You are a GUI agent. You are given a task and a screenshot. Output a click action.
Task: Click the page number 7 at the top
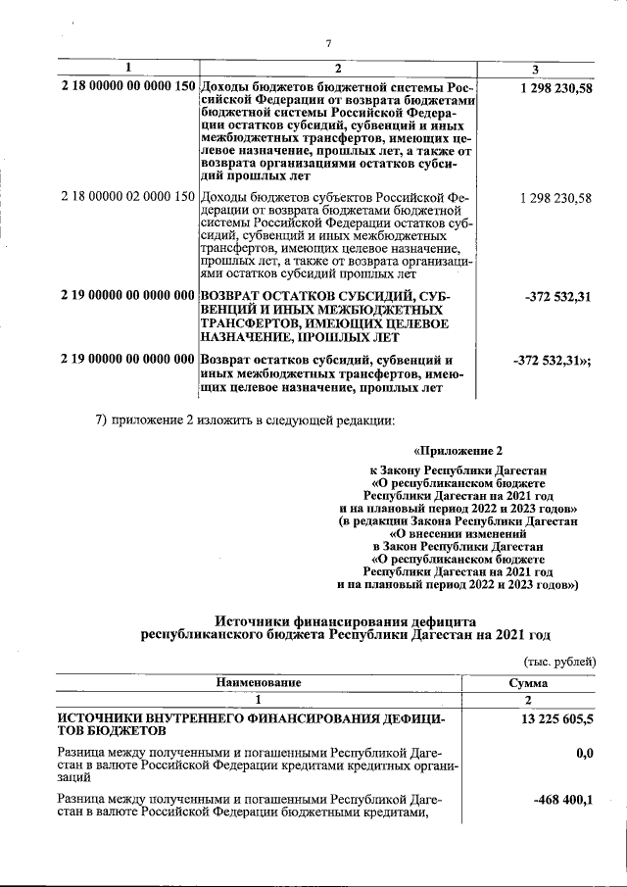tap(329, 42)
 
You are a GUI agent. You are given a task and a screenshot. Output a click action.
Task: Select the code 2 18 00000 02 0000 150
tap(127, 199)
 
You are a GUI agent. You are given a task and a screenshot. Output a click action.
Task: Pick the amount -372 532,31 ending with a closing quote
tap(552, 360)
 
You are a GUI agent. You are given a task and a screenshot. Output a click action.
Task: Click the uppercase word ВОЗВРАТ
tap(235, 296)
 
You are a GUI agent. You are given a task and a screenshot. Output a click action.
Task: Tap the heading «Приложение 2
tap(458, 452)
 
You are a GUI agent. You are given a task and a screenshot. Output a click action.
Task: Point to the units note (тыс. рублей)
tap(559, 662)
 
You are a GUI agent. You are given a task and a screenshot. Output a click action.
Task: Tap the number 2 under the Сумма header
tap(528, 700)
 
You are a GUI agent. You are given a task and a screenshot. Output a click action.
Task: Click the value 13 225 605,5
tap(551, 720)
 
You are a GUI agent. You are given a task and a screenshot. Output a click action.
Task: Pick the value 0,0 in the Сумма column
tap(586, 753)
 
